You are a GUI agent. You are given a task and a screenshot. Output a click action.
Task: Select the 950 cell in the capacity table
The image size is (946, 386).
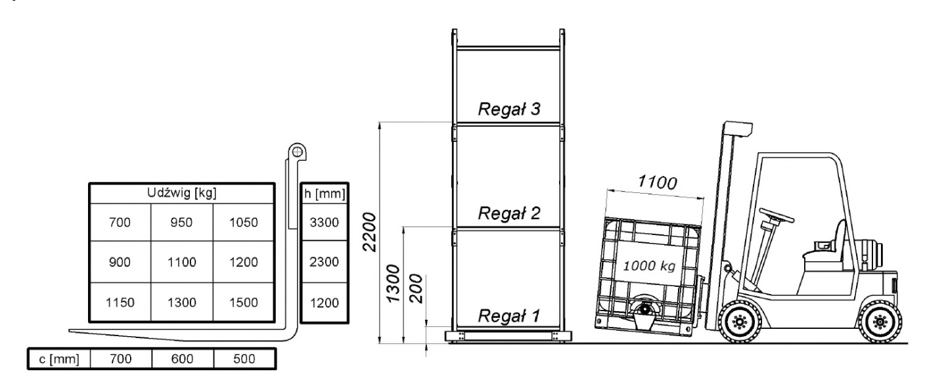[x=181, y=223]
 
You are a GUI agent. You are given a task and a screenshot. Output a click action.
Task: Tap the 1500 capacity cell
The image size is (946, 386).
[x=243, y=303]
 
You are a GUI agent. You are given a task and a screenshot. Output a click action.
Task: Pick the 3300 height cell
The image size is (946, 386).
[x=324, y=223]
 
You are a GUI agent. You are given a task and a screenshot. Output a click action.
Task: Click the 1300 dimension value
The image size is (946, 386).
[x=394, y=284]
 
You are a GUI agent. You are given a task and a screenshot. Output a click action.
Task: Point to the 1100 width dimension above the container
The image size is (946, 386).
[x=658, y=183]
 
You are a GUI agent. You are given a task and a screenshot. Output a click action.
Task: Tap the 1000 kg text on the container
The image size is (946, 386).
[x=649, y=268]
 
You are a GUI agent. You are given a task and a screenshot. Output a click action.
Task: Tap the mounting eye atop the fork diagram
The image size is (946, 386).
[x=298, y=152]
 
